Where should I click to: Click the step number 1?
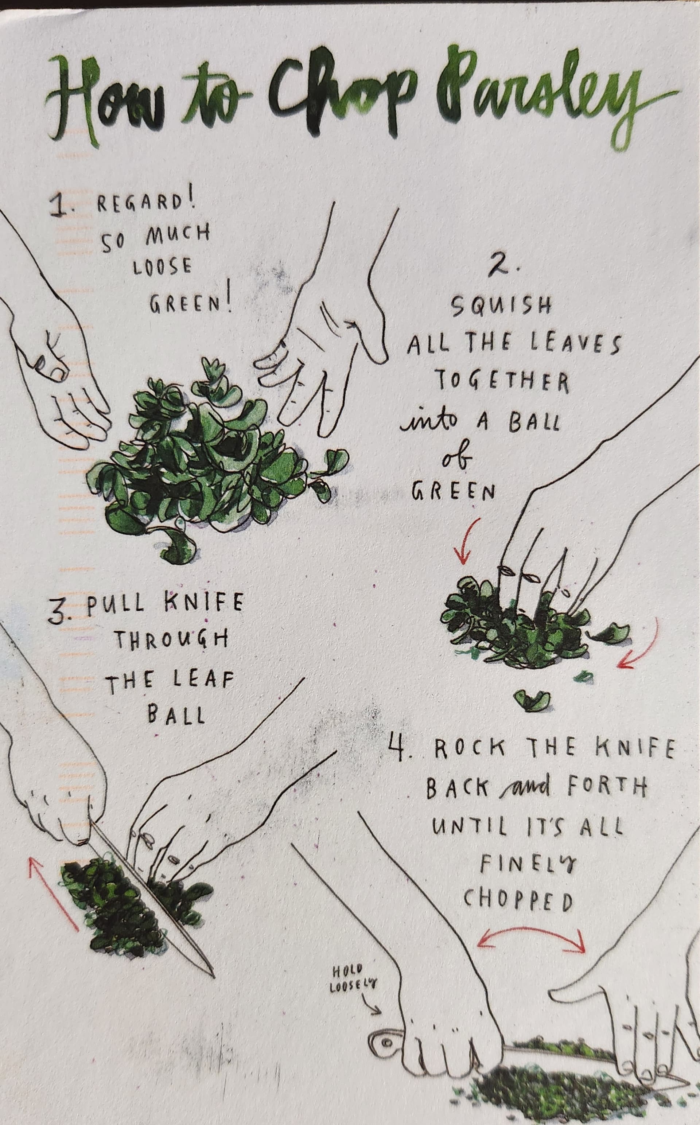point(61,206)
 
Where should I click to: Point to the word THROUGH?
point(171,641)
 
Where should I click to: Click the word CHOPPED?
point(518,900)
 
